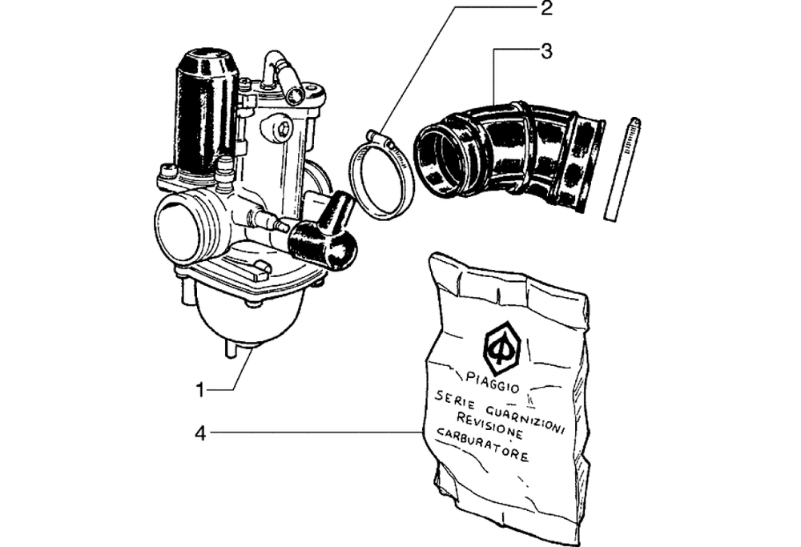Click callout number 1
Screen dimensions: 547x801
pyautogui.click(x=203, y=390)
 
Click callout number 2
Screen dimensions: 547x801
pyautogui.click(x=545, y=10)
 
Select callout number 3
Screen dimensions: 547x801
pyautogui.click(x=545, y=53)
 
